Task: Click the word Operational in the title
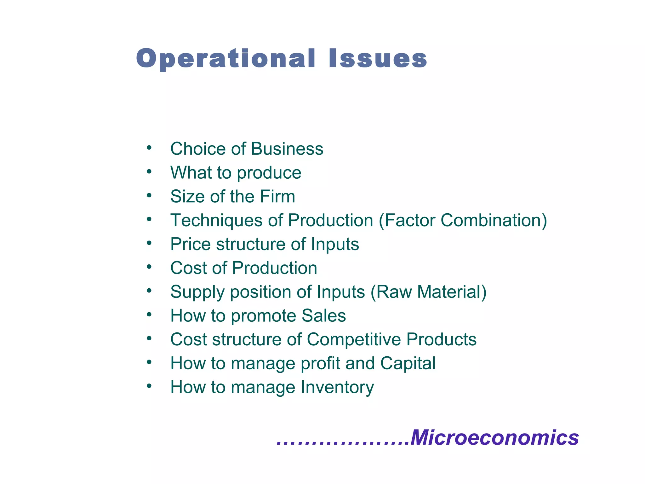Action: [x=225, y=59]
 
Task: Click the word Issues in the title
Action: [x=378, y=59]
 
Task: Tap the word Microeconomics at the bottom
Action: [x=495, y=438]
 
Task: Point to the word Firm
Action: [x=277, y=196]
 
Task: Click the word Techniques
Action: [x=216, y=220]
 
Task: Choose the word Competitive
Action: [x=354, y=340]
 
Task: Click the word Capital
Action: [x=408, y=364]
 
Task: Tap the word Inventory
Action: [x=337, y=387]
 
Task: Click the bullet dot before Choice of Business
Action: [x=149, y=147]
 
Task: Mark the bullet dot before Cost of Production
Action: [x=149, y=267]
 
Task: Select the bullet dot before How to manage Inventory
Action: [x=149, y=386]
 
